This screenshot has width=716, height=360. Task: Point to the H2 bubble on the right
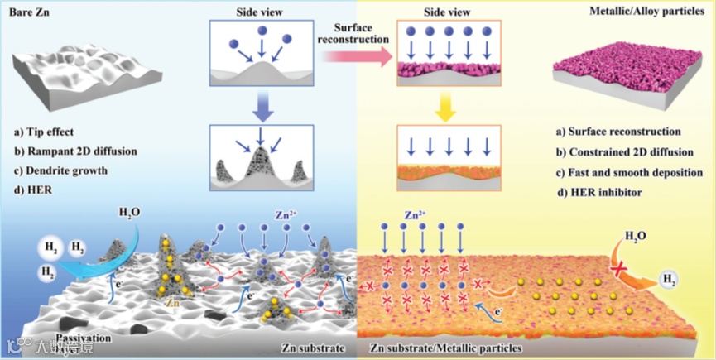tap(669, 279)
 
